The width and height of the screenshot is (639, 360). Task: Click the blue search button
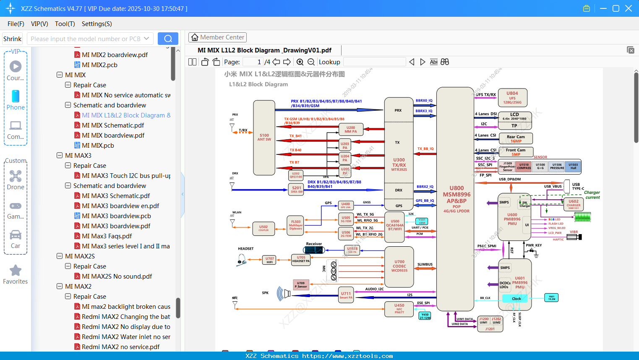(x=168, y=39)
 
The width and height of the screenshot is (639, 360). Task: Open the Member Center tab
(x=217, y=37)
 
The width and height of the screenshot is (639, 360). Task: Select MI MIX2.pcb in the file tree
(x=99, y=65)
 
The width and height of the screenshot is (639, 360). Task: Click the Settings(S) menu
(x=97, y=24)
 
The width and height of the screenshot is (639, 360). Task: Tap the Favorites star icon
(x=16, y=271)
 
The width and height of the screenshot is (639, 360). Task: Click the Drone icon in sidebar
(x=16, y=176)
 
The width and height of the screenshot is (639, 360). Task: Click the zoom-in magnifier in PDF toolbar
(x=300, y=62)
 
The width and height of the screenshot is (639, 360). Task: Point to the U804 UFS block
(x=512, y=98)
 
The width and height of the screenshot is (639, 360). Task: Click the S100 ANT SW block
(x=264, y=138)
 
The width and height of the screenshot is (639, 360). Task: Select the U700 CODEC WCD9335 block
(x=399, y=266)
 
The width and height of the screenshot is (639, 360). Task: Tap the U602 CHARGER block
(x=573, y=204)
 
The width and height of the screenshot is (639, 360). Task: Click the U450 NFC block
(x=399, y=309)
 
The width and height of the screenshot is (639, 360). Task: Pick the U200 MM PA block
(x=351, y=129)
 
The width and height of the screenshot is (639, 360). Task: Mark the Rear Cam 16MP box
(x=516, y=138)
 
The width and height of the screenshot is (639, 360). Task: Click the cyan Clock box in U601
(x=516, y=299)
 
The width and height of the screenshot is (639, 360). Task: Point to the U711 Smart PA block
(x=346, y=295)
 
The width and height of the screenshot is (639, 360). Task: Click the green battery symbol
(x=582, y=217)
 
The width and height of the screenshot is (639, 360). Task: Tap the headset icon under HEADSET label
(x=241, y=261)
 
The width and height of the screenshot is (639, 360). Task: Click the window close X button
(x=628, y=8)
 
